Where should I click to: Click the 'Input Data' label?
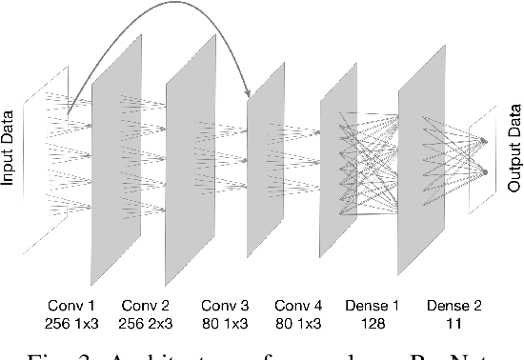pos(12,149)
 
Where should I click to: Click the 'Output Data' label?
pos(512,149)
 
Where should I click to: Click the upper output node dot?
pos(485,141)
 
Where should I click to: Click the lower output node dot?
pos(485,172)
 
